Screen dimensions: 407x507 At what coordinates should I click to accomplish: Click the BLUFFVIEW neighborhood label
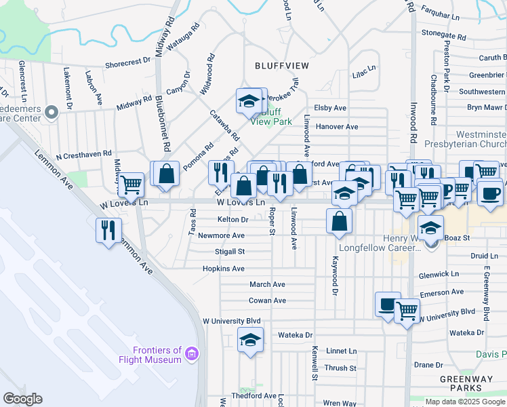click(281, 65)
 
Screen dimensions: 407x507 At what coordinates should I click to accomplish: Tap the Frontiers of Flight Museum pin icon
click(192, 354)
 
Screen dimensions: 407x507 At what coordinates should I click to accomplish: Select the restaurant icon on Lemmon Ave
click(108, 230)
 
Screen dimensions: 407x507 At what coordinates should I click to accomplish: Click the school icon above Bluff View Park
click(249, 101)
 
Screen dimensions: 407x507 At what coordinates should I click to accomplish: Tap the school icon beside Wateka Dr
click(250, 339)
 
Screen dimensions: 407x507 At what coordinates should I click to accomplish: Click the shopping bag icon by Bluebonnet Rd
click(166, 174)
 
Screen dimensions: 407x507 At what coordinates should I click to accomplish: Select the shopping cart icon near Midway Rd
click(131, 183)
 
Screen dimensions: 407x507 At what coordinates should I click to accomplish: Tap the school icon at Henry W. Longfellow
click(430, 228)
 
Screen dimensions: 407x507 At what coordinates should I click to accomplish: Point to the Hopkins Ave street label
click(223, 269)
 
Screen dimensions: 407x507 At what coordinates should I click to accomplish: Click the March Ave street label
click(267, 284)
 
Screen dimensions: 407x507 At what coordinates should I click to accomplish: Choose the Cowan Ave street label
click(267, 301)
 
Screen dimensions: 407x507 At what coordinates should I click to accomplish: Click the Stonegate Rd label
click(445, 32)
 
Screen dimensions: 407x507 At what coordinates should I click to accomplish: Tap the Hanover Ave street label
click(336, 127)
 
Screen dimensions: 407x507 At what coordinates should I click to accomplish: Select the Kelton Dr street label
click(232, 220)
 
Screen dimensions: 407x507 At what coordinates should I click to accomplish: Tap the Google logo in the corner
click(22, 399)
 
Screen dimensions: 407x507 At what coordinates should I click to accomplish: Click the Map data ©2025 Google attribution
click(464, 402)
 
